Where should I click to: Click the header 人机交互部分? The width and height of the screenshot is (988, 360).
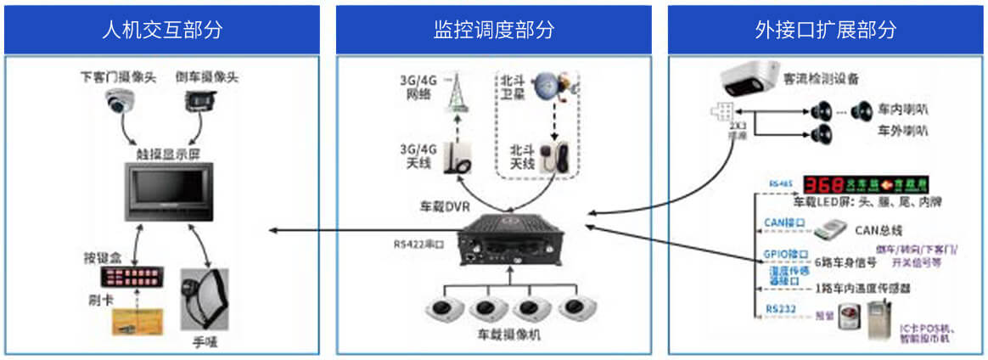coord(161,30)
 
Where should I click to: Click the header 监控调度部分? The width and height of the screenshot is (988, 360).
coord(493,30)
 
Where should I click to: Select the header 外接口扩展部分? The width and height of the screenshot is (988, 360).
coord(825,30)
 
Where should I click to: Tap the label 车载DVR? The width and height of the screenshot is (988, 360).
coord(443,207)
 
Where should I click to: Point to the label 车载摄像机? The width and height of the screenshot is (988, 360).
coord(508,335)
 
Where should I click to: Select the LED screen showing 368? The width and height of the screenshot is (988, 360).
coord(867,184)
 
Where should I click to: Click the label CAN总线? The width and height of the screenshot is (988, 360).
coord(878,229)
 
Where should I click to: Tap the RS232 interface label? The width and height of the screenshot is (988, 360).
coord(781,309)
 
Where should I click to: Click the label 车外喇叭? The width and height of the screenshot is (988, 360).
coord(902,131)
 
